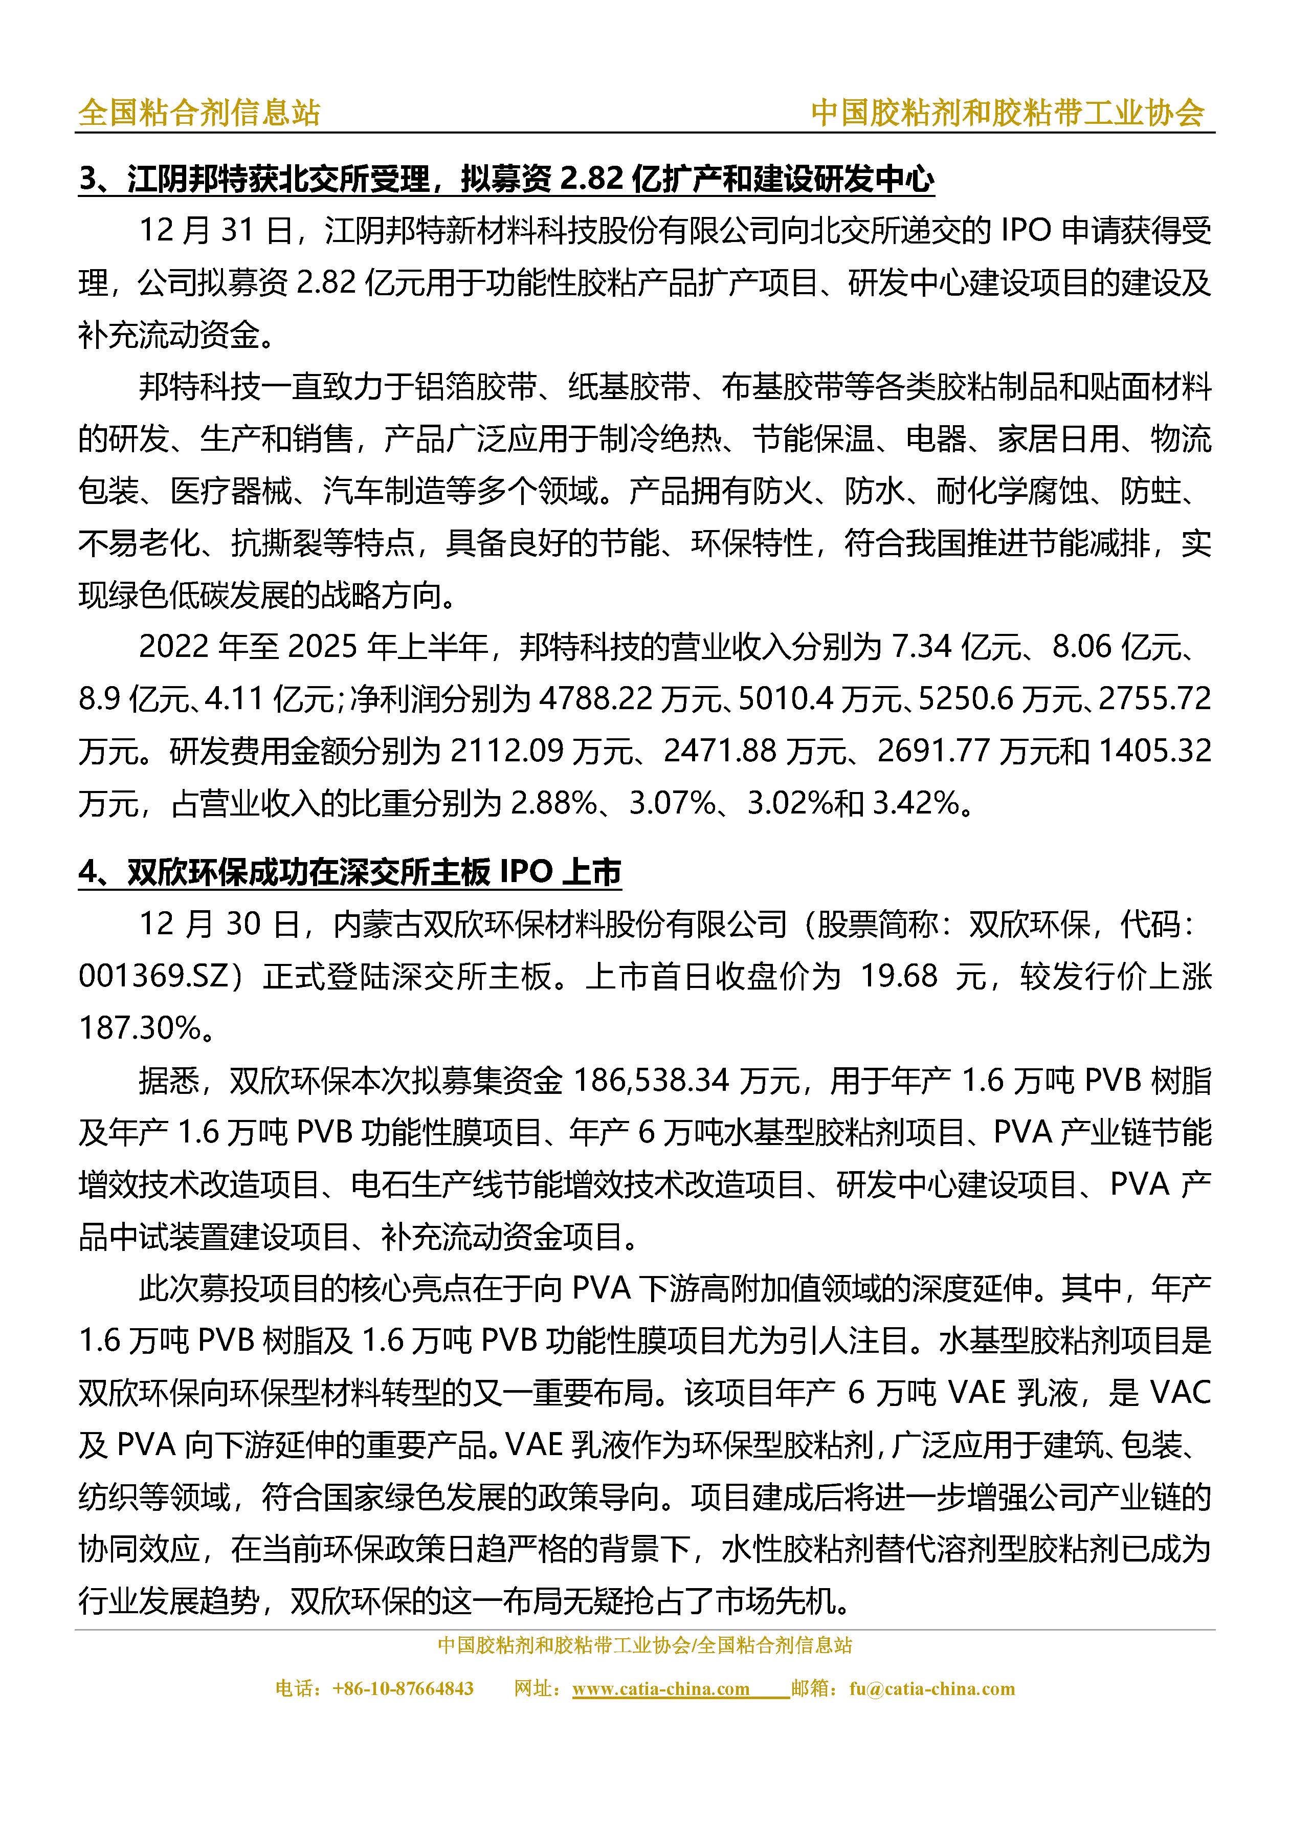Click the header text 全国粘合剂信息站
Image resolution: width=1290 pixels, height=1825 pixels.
click(198, 113)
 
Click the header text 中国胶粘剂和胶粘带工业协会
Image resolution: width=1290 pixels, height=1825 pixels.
click(1007, 113)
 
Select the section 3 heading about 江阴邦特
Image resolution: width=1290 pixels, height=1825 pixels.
click(506, 180)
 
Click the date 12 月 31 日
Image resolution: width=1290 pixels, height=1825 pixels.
click(215, 231)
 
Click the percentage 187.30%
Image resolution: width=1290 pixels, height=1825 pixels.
click(140, 1028)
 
